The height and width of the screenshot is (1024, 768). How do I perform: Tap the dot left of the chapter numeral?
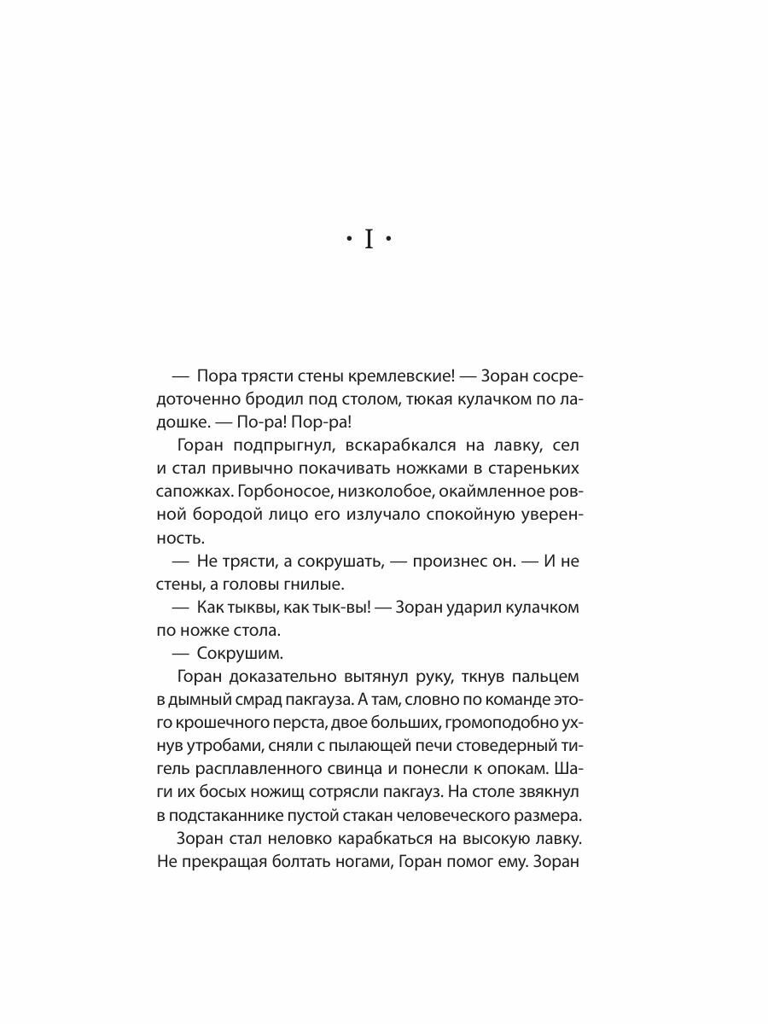pos(348,241)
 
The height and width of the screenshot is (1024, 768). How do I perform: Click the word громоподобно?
pos(496,724)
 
